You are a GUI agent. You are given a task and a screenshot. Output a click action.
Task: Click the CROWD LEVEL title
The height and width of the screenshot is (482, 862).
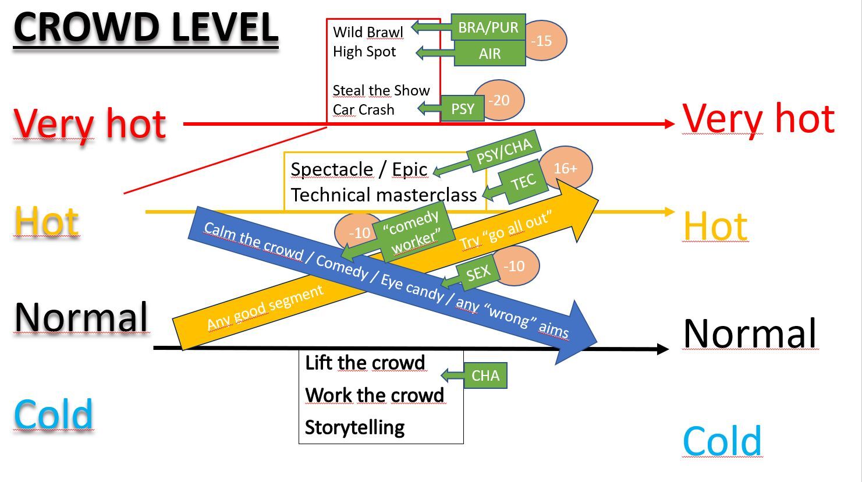pyautogui.click(x=146, y=28)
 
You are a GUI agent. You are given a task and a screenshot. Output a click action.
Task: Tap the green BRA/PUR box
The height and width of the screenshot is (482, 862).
pyautogui.click(x=488, y=27)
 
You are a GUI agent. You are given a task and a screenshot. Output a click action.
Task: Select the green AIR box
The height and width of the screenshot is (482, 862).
pyautogui.click(x=489, y=54)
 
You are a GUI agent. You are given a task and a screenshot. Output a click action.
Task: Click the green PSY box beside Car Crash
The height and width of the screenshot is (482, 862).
pyautogui.click(x=463, y=109)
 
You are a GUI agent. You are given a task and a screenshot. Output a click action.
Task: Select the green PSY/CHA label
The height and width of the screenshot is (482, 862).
pyautogui.click(x=504, y=150)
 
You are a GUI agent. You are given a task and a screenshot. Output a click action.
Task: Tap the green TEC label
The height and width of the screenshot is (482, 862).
pyautogui.click(x=523, y=183)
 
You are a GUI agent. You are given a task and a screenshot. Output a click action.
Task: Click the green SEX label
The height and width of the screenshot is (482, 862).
pyautogui.click(x=478, y=272)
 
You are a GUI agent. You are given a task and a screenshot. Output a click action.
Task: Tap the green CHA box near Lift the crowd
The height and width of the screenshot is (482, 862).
pyautogui.click(x=485, y=375)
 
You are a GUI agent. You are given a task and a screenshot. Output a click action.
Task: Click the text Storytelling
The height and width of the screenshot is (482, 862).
pyautogui.click(x=354, y=427)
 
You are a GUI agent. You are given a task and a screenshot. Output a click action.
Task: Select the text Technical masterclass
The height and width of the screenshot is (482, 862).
pyautogui.click(x=384, y=195)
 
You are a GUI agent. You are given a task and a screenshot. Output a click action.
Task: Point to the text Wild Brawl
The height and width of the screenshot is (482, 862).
pyautogui.click(x=368, y=32)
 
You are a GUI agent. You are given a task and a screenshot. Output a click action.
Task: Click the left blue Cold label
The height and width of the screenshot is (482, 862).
pyautogui.click(x=54, y=414)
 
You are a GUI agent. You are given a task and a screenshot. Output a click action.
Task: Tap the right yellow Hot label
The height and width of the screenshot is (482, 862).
pyautogui.click(x=715, y=226)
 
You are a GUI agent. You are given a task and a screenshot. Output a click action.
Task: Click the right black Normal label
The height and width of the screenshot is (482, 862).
pyautogui.click(x=750, y=333)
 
